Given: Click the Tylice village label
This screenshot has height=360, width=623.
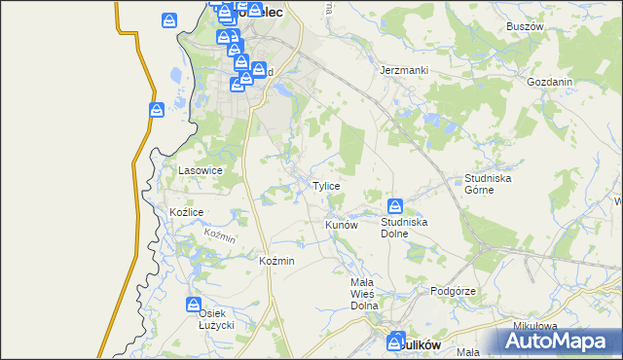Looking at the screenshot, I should pos(325,186).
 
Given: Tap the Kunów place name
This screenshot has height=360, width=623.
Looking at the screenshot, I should pos(342,225).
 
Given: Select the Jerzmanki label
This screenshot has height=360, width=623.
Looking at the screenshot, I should pos(404,71).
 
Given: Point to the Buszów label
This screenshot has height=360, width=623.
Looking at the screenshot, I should pos(525,26).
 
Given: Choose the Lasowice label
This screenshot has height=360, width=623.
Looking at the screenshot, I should pos(201,170).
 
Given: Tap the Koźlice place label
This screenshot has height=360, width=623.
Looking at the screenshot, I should pos(186,212).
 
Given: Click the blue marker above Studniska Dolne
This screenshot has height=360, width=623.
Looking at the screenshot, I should pos(395,206).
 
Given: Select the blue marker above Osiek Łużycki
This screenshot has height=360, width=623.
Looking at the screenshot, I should pos(196,306).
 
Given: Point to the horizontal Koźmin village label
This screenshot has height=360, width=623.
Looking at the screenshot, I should pos(277,262).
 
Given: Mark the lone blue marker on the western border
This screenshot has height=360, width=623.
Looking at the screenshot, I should pos(156,111).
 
